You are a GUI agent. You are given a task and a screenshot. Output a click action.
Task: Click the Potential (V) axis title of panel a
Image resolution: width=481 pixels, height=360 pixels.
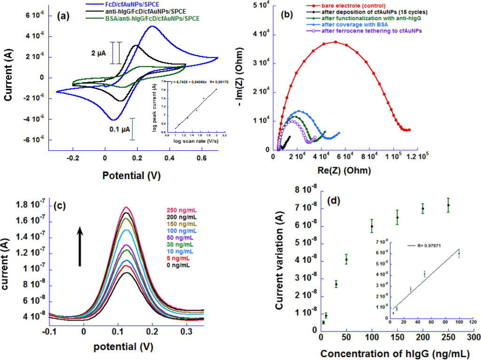[x=133, y=176]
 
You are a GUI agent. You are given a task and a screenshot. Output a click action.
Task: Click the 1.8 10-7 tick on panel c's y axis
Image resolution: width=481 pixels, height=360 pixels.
[x=30, y=205]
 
